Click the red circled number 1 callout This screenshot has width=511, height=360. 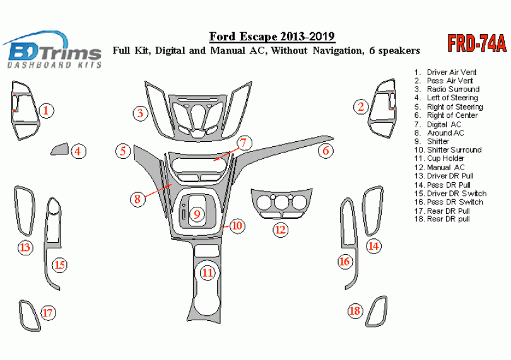click(x=45, y=111)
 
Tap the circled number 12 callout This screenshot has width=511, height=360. click(x=279, y=229)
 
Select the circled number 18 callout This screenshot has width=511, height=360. click(x=356, y=310)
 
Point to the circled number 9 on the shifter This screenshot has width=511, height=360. click(x=197, y=214)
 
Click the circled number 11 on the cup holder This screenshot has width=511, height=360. click(x=208, y=273)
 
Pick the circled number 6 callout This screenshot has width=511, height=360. click(x=326, y=151)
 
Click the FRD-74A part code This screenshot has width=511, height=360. click(x=477, y=43)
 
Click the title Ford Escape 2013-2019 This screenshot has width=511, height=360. click(x=272, y=37)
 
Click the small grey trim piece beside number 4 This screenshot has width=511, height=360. click(x=59, y=149)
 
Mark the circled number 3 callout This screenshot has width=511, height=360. click(x=141, y=113)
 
